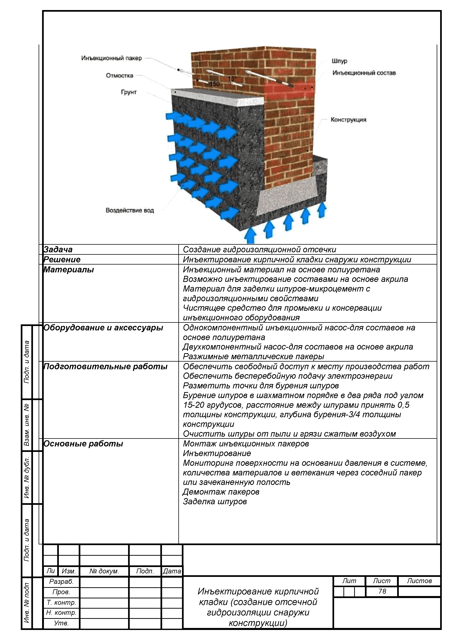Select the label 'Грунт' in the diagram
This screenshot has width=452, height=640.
click(x=129, y=92)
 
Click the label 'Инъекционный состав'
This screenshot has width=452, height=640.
click(x=364, y=73)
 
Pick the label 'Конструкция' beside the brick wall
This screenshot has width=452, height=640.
click(x=348, y=120)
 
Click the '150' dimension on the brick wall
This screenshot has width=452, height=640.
click(x=215, y=84)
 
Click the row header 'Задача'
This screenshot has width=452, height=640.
click(x=58, y=249)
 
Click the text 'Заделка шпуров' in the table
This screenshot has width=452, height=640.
click(x=215, y=502)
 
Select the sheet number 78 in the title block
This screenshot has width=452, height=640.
click(x=382, y=591)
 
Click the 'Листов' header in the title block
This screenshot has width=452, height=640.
click(x=419, y=581)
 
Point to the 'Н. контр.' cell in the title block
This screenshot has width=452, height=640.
click(x=61, y=613)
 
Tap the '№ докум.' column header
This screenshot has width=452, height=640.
click(x=104, y=571)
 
